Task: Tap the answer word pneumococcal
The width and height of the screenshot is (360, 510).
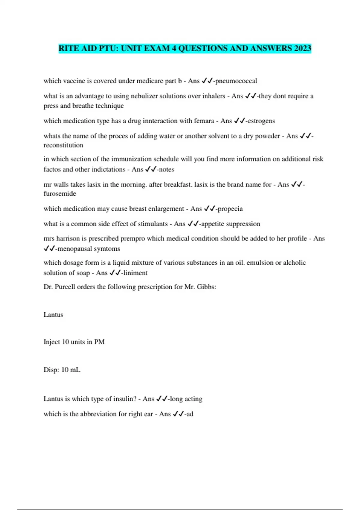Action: pos(236,81)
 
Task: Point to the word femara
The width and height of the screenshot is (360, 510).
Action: pos(204,121)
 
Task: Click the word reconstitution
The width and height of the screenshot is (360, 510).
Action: pos(63,145)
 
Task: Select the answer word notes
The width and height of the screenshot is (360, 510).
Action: pos(166,169)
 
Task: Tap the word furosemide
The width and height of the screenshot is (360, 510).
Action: pos(60,193)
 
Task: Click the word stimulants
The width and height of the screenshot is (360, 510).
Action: pos(152,224)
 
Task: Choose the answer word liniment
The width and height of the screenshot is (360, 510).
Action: pos(135,273)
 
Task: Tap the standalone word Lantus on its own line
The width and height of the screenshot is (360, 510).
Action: pos(53,315)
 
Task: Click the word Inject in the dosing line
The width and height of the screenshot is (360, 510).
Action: pos(52,342)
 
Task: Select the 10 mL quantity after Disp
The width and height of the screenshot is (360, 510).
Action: pos(71,370)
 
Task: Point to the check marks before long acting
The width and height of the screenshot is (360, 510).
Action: pos(162,399)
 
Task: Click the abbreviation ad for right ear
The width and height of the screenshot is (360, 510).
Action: pos(190,414)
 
